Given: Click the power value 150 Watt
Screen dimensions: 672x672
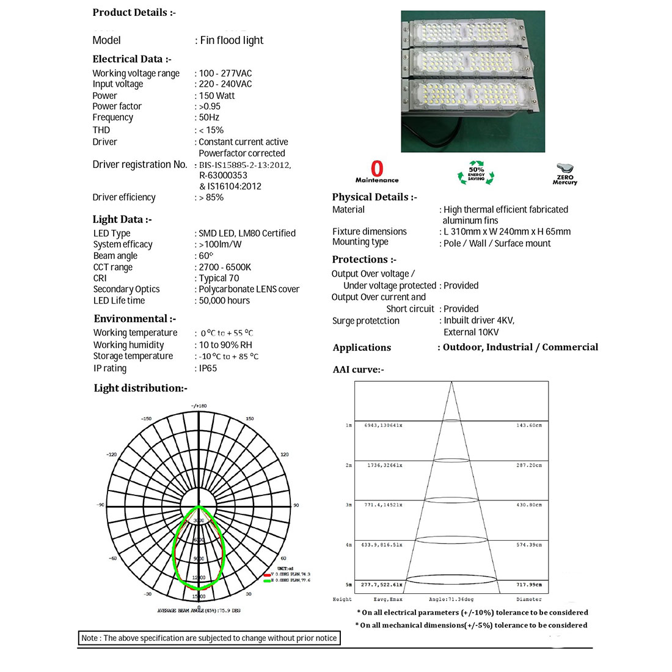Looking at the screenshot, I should (x=217, y=95).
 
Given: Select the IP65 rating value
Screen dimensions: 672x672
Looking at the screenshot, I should (x=208, y=368).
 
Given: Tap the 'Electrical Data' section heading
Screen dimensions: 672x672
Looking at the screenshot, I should (x=132, y=59).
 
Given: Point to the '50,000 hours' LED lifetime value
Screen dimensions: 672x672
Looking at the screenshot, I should (x=224, y=301).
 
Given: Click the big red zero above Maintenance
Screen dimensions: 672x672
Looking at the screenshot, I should (x=377, y=169).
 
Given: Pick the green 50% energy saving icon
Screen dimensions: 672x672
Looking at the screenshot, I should (x=476, y=173).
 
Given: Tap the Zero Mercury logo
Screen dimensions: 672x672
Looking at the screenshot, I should (x=565, y=173).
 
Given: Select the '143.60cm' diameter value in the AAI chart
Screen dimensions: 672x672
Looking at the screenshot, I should (x=529, y=425).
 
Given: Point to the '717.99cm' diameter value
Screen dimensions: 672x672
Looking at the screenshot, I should (x=529, y=585).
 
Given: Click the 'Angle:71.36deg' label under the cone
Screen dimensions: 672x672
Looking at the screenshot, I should (x=451, y=599).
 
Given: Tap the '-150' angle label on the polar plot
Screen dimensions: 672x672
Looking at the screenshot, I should (x=146, y=419).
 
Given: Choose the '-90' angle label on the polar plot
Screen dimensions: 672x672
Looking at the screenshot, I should (x=100, y=505).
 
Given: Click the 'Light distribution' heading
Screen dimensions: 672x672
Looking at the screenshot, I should (x=141, y=389).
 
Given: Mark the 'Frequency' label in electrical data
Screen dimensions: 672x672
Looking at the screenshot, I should (x=113, y=117).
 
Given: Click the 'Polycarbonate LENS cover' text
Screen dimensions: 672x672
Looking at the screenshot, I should (x=249, y=289).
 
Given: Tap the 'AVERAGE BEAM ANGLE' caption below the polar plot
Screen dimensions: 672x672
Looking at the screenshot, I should (x=199, y=611).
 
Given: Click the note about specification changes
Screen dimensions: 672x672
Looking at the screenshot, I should (x=209, y=638).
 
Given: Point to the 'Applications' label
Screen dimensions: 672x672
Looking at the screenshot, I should (x=362, y=348).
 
